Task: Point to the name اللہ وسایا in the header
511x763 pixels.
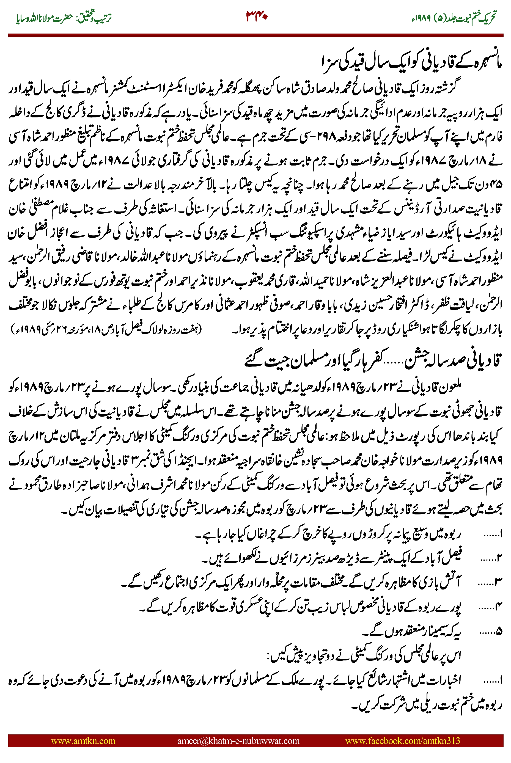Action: pos(28,18)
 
